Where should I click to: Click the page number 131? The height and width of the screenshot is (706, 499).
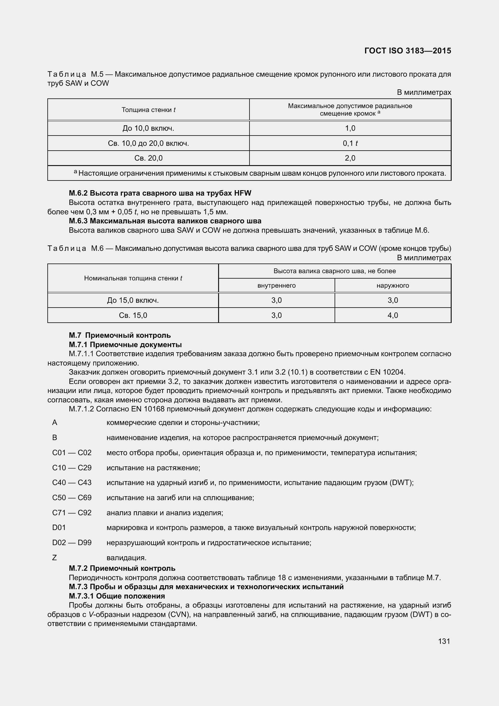(x=444, y=641)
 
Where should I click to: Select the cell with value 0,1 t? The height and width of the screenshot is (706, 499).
(x=350, y=143)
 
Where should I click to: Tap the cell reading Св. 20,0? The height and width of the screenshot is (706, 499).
(x=148, y=158)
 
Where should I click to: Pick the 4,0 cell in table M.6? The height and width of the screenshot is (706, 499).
(x=393, y=315)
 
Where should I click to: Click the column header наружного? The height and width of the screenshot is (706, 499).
(x=393, y=285)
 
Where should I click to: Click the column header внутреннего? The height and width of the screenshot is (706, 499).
(x=276, y=285)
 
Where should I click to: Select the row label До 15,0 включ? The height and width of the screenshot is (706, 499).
(x=133, y=300)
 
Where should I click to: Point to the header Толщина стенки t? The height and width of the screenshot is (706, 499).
(x=148, y=110)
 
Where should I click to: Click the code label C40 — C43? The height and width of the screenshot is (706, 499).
(x=72, y=482)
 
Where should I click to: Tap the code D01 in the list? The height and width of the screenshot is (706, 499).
(x=59, y=527)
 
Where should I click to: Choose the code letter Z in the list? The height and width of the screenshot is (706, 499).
(x=55, y=557)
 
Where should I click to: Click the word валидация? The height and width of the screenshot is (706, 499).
(x=126, y=557)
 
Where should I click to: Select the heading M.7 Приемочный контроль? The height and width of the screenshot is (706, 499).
(x=120, y=335)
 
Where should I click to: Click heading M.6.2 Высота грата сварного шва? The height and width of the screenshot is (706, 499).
(x=160, y=193)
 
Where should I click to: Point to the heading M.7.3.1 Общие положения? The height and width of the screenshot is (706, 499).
(x=117, y=596)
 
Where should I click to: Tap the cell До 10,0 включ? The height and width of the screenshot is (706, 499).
(x=148, y=128)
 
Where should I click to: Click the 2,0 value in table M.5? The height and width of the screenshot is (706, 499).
(x=350, y=158)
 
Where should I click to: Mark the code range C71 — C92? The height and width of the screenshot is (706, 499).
(x=72, y=513)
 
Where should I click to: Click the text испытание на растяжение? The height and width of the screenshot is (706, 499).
(x=153, y=468)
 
